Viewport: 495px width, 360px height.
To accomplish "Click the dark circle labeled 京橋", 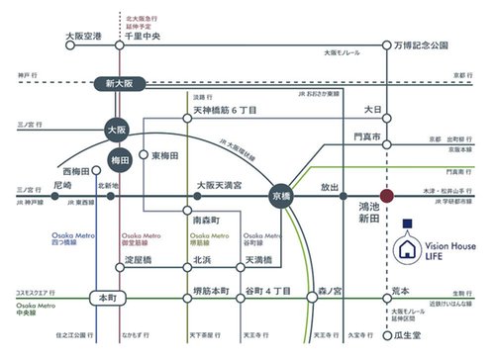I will tap(281, 198).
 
